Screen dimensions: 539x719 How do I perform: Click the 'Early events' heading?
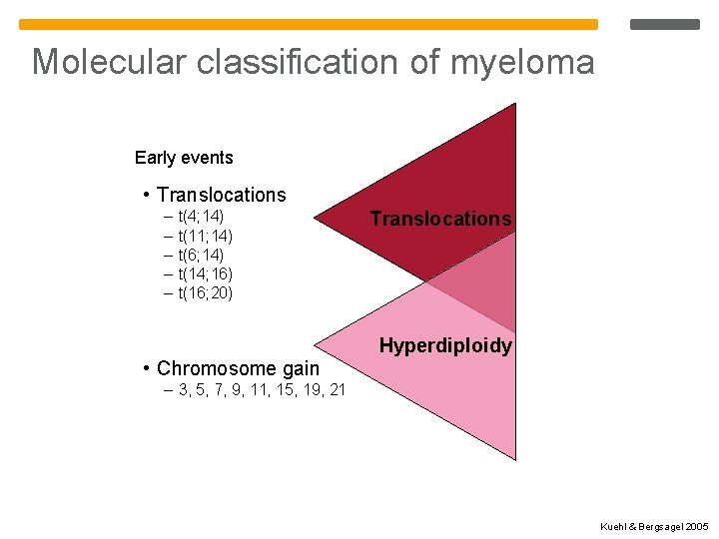184,158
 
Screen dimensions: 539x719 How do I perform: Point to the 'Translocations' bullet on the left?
221,195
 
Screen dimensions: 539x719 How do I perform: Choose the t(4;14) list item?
201,216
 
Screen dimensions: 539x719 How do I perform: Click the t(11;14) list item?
205,236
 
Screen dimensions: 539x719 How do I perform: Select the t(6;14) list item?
201,255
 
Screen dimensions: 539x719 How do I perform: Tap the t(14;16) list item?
205,273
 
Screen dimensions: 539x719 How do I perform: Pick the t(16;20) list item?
205,292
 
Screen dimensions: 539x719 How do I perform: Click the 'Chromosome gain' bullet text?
238,368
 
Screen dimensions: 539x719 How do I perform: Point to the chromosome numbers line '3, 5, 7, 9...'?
262,389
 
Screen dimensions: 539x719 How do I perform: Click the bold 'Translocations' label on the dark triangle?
440,219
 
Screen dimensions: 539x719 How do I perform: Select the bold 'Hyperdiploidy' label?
445,346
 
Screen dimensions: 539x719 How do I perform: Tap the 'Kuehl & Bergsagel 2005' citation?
654,525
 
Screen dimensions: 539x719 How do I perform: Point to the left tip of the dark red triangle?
318,217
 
